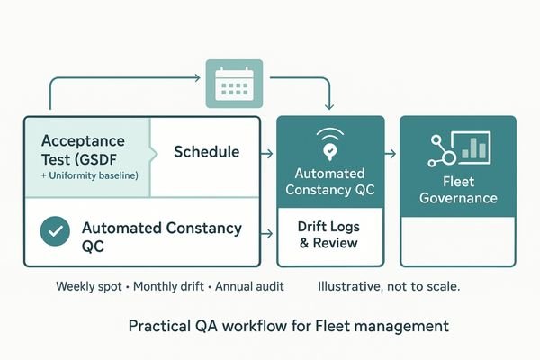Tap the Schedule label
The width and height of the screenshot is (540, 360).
206,152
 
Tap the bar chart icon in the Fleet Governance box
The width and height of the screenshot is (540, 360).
471,148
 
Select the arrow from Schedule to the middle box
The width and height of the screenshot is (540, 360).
267,154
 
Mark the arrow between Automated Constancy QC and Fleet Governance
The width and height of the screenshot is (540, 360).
390,154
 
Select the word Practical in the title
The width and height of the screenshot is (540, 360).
157,324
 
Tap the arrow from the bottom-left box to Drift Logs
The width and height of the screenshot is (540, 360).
267,234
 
